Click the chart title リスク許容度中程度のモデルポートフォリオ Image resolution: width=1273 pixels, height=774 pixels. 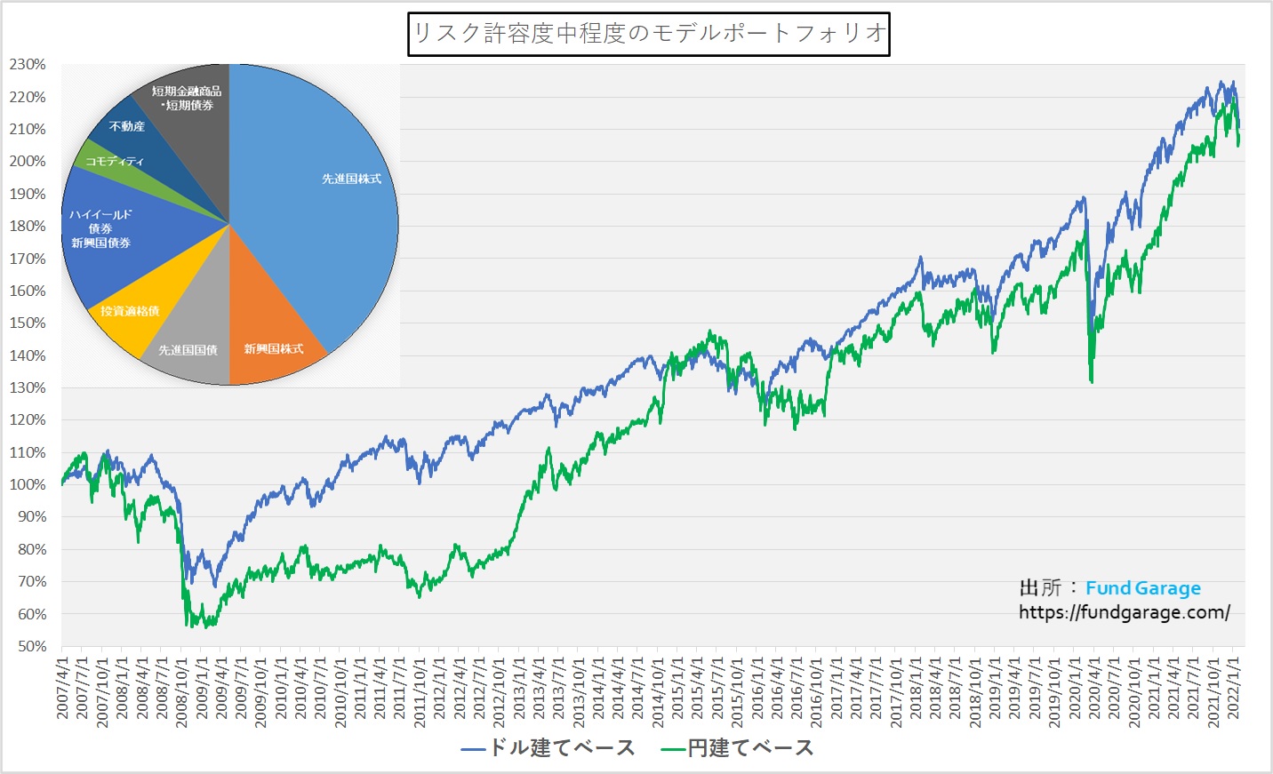click(649, 34)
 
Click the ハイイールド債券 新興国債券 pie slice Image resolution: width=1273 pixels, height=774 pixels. click(101, 228)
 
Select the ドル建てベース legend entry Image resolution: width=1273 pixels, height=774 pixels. click(548, 748)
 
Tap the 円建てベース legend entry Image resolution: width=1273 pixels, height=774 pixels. click(738, 748)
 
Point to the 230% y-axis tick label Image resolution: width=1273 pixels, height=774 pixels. click(28, 65)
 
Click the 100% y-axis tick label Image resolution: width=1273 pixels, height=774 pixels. click(28, 485)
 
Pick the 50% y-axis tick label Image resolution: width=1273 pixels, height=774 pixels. click(31, 647)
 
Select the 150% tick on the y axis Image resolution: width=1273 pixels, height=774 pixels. click(28, 323)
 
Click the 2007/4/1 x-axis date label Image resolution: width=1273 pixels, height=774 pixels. click(62, 689)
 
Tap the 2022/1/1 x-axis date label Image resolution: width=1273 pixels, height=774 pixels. click(1234, 689)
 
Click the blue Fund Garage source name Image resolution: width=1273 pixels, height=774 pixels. click(1142, 588)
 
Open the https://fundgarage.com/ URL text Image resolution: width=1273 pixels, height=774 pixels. click(1125, 612)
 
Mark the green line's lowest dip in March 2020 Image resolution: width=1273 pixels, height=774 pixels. click(1092, 382)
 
